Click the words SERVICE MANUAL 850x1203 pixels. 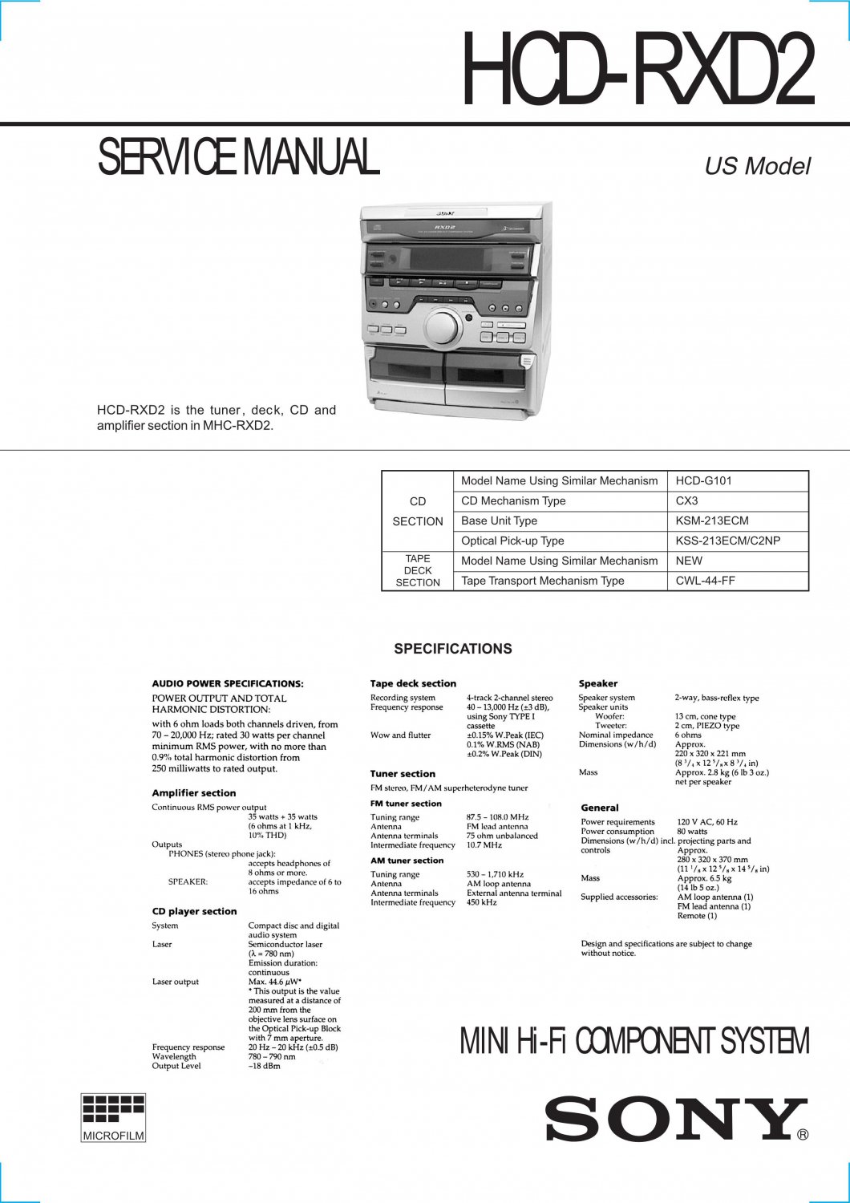pyautogui.click(x=238, y=157)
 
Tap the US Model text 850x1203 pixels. pyautogui.click(x=757, y=166)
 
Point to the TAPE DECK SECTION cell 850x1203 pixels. pyautogui.click(x=418, y=570)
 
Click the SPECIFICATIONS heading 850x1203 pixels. pyautogui.click(x=452, y=649)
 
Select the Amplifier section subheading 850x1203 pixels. pyautogui.click(x=194, y=793)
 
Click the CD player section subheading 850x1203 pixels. pyautogui.click(x=194, y=912)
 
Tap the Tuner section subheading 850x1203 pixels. pyautogui.click(x=403, y=774)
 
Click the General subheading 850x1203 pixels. pyautogui.click(x=600, y=808)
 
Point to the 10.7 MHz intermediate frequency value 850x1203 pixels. pyautogui.click(x=484, y=845)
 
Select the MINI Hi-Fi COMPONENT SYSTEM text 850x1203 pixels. pyautogui.click(x=634, y=1041)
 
